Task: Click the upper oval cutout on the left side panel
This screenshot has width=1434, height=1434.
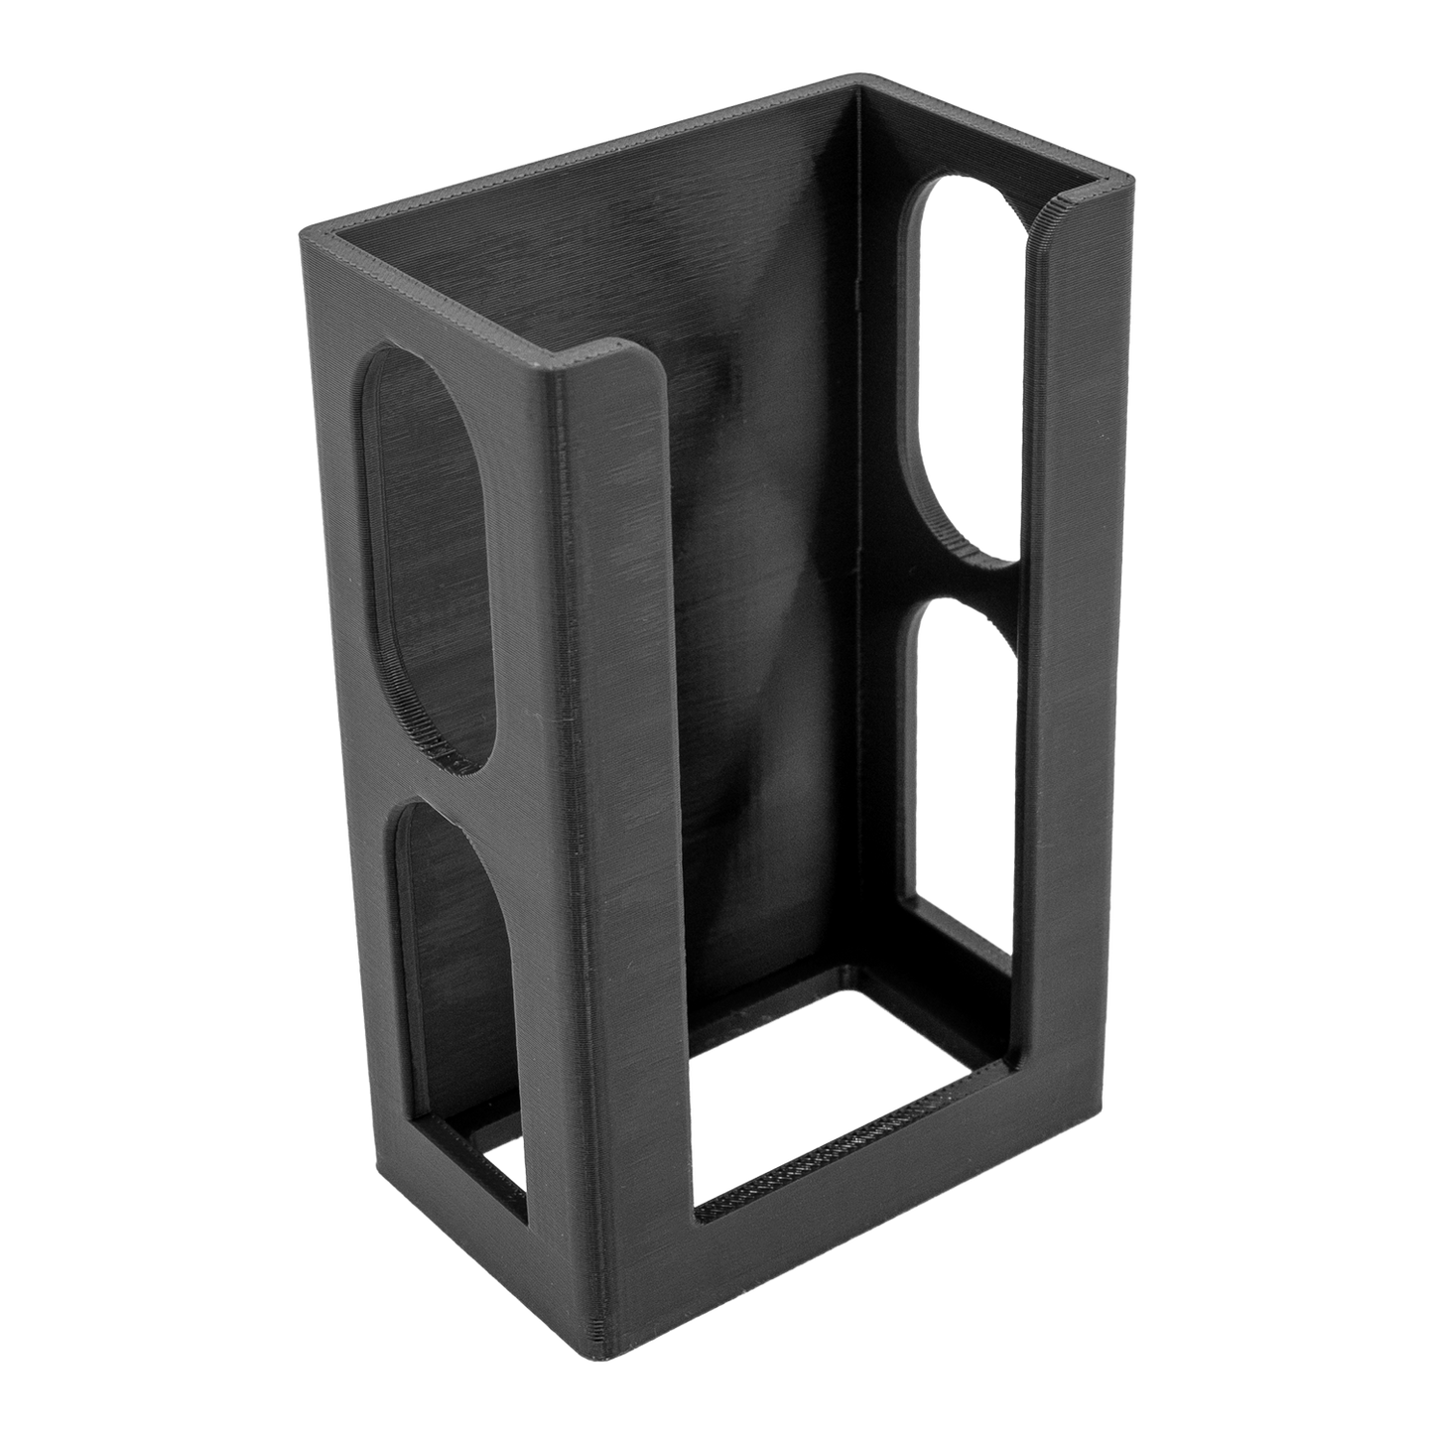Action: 432,556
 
